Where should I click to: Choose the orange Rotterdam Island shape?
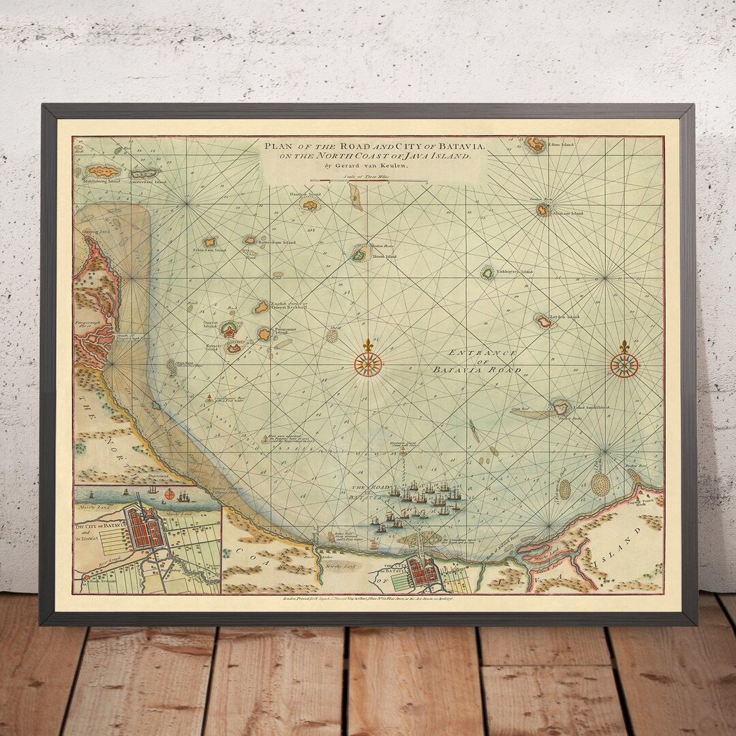[x=250, y=240]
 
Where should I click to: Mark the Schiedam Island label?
[x=209, y=251]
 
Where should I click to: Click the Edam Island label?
[x=562, y=144]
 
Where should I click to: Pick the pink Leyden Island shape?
[x=543, y=322]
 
